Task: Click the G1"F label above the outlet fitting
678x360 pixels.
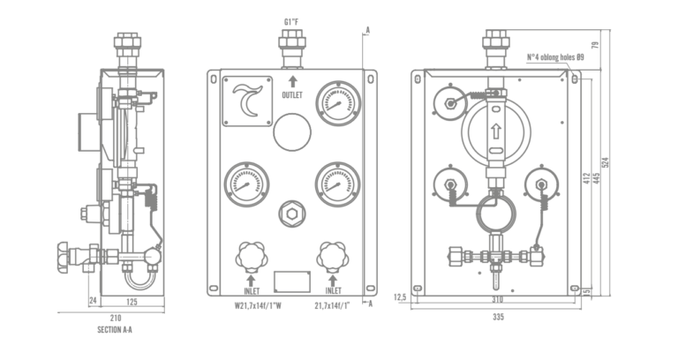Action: pos(290,21)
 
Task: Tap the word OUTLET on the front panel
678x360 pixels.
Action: pos(292,95)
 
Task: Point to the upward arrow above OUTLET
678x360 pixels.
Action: pos(293,82)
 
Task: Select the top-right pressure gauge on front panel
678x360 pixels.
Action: pos(338,103)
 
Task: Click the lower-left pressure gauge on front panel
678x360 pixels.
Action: pos(246,184)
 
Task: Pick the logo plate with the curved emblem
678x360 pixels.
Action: pos(247,101)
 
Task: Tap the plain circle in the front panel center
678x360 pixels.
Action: pos(292,132)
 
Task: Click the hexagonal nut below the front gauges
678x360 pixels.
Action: pos(292,214)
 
